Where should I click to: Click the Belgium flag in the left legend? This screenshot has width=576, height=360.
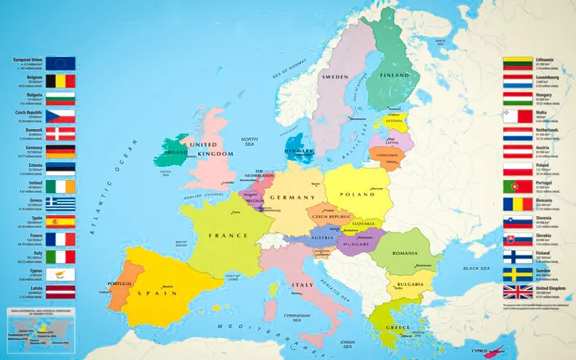point(61,81)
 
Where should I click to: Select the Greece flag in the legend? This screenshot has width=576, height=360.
point(61,204)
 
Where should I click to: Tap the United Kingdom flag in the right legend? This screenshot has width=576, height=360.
point(517,292)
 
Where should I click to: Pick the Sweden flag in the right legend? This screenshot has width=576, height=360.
point(517,274)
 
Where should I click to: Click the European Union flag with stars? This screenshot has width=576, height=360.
point(61,63)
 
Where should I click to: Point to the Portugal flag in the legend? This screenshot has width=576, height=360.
point(517,186)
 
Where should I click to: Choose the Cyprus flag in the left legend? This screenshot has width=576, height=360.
point(61,274)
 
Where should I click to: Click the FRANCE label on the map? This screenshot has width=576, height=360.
point(223,235)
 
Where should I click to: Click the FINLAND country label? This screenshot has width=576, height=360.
point(395,76)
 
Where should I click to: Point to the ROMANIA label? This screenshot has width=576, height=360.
point(405,253)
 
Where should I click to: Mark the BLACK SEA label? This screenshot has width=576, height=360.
point(476,269)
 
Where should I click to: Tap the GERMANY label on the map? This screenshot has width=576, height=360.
point(288,197)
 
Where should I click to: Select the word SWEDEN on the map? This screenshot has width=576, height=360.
point(336,76)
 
